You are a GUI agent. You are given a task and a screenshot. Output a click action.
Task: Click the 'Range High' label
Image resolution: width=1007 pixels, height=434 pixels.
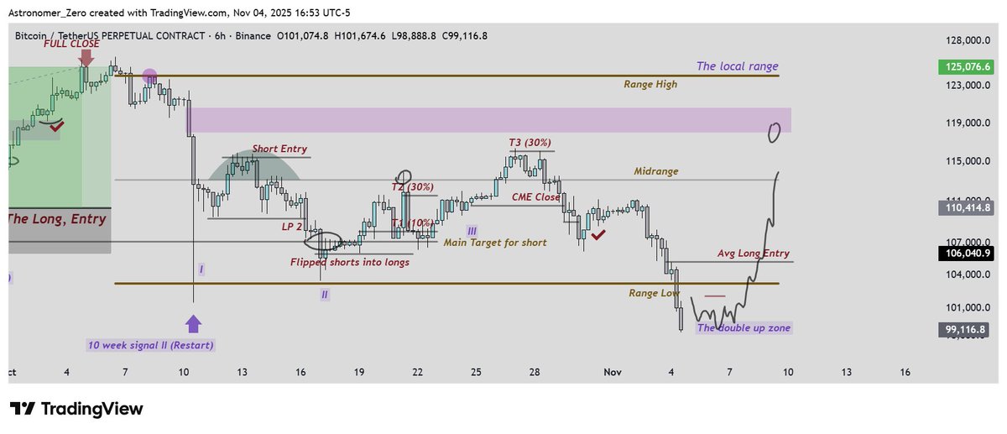click(650, 84)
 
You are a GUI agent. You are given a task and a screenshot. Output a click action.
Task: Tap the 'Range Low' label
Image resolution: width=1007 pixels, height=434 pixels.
click(654, 293)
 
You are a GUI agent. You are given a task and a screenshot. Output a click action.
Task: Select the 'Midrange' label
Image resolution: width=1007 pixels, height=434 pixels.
click(656, 170)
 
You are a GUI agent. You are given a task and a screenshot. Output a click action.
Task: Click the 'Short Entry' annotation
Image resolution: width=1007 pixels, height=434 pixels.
click(280, 149)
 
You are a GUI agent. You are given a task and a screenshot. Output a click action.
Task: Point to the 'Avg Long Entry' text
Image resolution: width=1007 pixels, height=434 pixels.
click(753, 253)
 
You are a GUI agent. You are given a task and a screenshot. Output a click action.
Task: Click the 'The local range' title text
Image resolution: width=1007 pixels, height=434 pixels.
click(737, 66)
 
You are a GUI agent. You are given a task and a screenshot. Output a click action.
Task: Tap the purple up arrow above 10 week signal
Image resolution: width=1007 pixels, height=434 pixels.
click(193, 324)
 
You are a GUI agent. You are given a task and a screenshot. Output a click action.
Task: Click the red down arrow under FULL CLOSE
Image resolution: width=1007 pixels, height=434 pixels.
click(86, 58)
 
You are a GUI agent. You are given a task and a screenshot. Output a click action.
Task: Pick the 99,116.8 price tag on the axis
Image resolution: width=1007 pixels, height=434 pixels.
click(966, 330)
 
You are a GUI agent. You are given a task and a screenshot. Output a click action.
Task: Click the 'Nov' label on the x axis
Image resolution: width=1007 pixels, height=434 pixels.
click(610, 371)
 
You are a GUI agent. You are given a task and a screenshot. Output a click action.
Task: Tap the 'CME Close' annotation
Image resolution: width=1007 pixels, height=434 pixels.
click(536, 196)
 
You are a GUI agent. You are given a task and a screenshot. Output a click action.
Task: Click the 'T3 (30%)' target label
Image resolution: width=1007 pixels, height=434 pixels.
click(530, 143)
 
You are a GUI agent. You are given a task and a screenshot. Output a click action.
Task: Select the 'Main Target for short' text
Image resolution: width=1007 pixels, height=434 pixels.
click(495, 243)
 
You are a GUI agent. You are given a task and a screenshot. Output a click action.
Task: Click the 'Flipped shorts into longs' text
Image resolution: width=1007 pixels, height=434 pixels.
click(350, 262)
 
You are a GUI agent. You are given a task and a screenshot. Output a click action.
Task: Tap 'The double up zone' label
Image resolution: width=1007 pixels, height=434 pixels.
click(744, 327)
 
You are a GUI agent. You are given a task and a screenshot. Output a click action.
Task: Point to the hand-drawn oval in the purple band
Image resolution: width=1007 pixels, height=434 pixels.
click(775, 132)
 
